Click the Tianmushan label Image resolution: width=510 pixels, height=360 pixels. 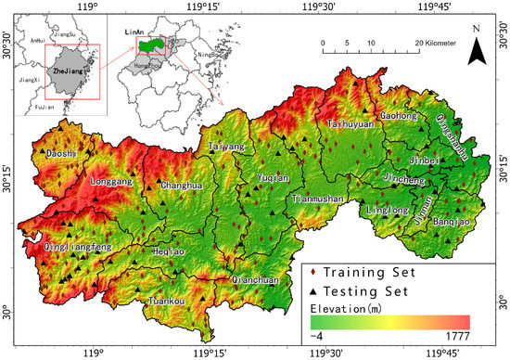(317, 199)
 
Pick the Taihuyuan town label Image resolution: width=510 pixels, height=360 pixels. (351, 123)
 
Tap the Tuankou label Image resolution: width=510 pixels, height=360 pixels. (172, 300)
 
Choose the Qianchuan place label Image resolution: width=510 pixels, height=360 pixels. (255, 279)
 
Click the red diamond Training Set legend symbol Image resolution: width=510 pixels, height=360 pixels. (315, 273)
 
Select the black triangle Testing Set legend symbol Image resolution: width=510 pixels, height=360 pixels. (315, 289)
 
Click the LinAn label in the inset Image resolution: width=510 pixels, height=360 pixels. (134, 32)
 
